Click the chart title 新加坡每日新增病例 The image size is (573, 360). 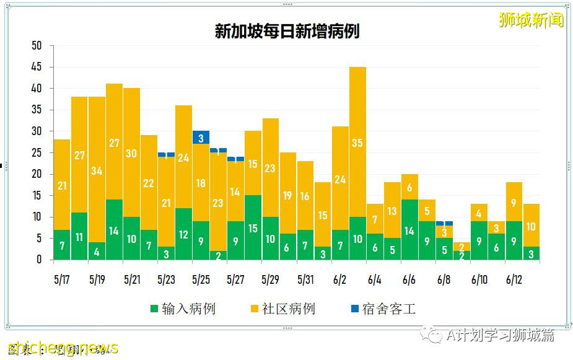tap(287, 32)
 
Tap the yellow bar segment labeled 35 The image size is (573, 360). tap(357, 142)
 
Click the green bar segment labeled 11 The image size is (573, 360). tap(79, 236)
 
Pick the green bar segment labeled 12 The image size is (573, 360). tap(183, 234)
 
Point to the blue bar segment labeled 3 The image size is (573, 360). tap(201, 138)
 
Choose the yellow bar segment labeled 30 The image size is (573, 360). tap(131, 152)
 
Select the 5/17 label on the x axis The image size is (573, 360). tap(61, 279)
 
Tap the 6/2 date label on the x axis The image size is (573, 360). tap(339, 279)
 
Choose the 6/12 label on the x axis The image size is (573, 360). tap(514, 279)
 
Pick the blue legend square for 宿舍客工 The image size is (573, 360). tap(354, 309)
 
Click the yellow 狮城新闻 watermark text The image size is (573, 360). tap(531, 20)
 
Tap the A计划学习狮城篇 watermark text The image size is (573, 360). tap(500, 335)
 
